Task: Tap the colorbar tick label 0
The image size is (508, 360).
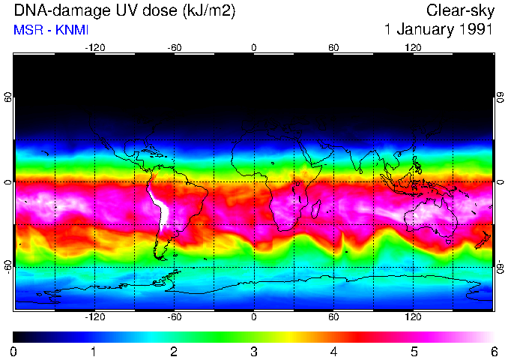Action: coord(14,351)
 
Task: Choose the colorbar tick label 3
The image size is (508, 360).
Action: coord(253,351)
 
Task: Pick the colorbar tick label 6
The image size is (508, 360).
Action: coord(493,351)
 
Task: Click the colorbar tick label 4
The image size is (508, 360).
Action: coord(333,351)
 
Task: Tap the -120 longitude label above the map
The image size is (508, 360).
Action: coord(94,48)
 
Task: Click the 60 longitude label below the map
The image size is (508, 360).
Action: coord(333,317)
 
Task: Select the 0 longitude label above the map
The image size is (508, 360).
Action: coord(254,48)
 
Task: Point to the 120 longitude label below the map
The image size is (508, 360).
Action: coord(413,317)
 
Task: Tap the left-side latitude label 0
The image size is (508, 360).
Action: coord(7,182)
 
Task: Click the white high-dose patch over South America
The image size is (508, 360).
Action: coord(159,206)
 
